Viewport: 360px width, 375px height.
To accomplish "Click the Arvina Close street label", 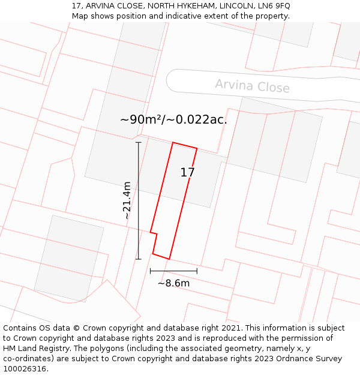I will [x=252, y=86].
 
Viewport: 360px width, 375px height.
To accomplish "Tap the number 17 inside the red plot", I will [x=187, y=173].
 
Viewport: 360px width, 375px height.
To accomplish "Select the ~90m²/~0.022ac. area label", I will [x=173, y=119].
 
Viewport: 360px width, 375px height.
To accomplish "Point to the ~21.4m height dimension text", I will [x=127, y=200].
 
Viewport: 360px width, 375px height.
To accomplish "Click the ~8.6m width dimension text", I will [x=173, y=283].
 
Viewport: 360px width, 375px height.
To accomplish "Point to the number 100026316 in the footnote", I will [x=24, y=369].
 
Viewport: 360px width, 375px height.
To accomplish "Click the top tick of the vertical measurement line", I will [x=139, y=142].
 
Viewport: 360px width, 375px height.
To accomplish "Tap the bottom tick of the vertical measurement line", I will [x=139, y=259].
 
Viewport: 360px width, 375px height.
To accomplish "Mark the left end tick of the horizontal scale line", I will [x=151, y=271].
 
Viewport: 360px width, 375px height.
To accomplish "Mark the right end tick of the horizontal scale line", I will [x=197, y=271].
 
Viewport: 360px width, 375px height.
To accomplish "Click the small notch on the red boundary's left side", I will [x=154, y=233].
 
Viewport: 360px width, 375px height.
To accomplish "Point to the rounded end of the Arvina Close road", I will [x=171, y=80].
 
